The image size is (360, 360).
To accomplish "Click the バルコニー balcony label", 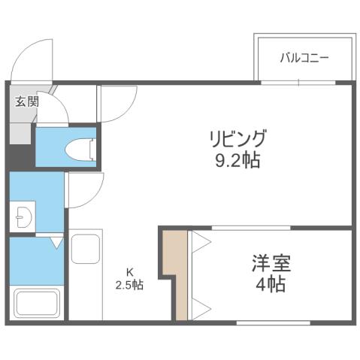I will coord(304,58).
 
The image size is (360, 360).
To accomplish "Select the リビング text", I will coord(237,139).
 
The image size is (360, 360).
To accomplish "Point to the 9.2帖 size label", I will coord(236,161).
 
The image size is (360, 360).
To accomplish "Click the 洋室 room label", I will coord(271,264).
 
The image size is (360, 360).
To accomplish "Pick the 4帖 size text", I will coord(271,285).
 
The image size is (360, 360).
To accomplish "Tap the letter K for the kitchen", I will coord(129,272).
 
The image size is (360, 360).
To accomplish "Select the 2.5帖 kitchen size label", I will coord(129,285).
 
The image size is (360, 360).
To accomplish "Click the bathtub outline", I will coord(38,304).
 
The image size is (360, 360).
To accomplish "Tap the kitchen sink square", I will coord(86,249).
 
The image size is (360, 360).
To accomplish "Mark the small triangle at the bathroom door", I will coord(56,243).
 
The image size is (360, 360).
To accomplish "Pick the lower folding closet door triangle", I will coord(199,304).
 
